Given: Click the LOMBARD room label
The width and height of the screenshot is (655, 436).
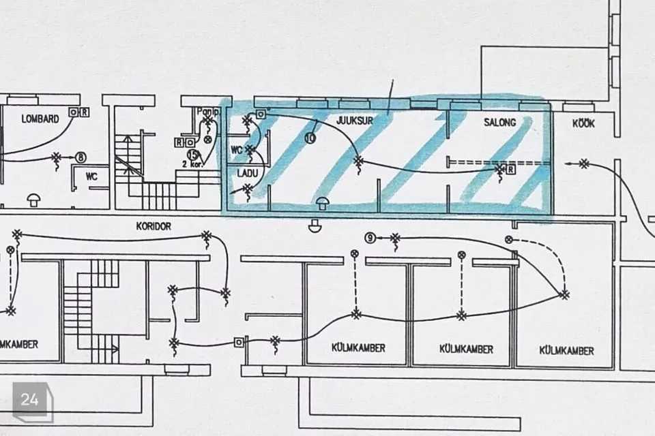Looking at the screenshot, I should point(40,119).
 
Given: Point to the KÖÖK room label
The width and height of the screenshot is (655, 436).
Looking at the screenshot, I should point(583,123).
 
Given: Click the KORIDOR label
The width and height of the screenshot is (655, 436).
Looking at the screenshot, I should point(154,226).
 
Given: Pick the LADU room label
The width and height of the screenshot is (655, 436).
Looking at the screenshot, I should point(247,173).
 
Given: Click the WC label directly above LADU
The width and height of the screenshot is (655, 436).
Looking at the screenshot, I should point(237,149).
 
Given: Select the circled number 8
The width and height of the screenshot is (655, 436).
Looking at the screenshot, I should point(82,157).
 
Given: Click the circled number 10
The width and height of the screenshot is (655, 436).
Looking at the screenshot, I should point(310,137).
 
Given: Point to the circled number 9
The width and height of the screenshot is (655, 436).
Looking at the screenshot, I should point(370,238).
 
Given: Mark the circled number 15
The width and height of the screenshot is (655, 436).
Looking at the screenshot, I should point(192,155).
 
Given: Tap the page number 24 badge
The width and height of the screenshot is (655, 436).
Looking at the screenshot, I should point(30,400).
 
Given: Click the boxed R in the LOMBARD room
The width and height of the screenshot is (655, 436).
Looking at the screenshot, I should point(85,112).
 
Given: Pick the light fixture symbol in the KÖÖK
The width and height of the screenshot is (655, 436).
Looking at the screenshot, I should point(584,163).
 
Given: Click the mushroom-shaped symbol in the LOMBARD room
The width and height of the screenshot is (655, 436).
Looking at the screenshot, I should point(33,199).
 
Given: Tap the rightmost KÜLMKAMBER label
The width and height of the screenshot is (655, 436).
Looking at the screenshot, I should point(566,351).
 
